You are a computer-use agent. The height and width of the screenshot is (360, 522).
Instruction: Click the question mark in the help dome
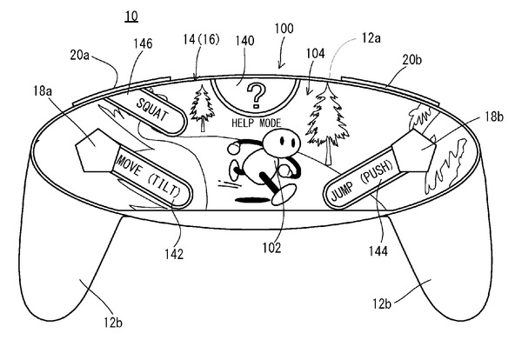click(x=255, y=94)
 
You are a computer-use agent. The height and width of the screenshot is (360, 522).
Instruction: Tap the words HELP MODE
click(x=255, y=123)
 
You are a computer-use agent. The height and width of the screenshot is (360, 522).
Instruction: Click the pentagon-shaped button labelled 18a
click(x=95, y=153)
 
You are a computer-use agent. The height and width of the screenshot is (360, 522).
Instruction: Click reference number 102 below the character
click(x=272, y=248)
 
